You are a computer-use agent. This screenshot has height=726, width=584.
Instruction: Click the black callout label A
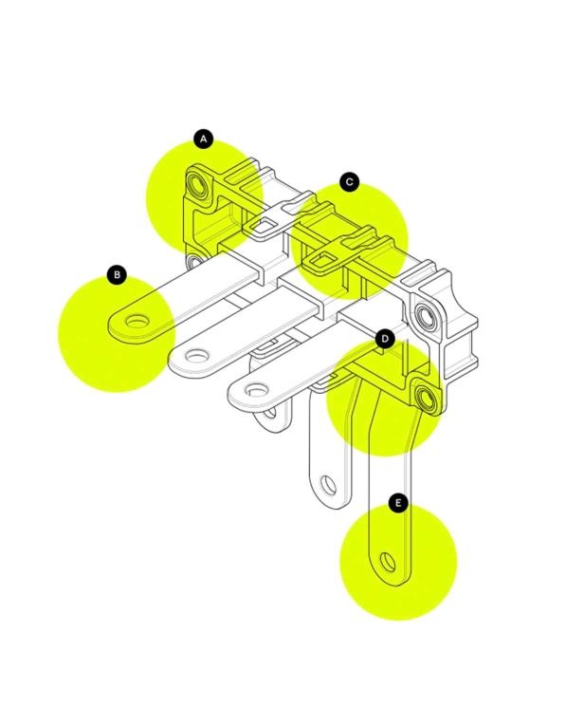tap(204, 139)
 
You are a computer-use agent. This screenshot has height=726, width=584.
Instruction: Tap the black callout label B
tap(117, 274)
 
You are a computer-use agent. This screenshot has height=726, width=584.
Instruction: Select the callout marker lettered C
tap(349, 182)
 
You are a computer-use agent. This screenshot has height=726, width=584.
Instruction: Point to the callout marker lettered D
tap(385, 340)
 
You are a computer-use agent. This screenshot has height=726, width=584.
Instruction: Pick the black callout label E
tap(398, 502)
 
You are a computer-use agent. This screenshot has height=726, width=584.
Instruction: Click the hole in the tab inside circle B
tap(137, 321)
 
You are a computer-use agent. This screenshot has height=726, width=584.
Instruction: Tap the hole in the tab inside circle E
tap(388, 562)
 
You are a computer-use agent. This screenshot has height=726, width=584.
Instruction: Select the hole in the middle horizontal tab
tap(196, 356)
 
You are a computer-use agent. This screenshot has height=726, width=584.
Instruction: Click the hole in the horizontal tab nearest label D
tap(256, 390)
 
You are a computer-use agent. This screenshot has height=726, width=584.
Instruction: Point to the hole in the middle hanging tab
tap(329, 485)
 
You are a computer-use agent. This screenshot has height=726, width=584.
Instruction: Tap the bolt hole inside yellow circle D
tap(426, 398)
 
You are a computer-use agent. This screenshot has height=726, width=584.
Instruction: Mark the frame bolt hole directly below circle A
tap(194, 263)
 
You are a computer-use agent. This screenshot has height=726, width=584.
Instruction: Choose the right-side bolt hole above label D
tap(425, 316)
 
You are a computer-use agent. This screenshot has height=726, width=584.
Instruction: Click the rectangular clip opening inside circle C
tap(321, 261)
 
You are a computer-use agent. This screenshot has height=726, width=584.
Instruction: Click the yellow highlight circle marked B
tap(117, 333)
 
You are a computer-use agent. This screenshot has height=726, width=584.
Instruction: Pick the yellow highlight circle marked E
tap(398, 561)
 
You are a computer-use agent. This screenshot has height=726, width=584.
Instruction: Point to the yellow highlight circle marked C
tap(349, 241)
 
